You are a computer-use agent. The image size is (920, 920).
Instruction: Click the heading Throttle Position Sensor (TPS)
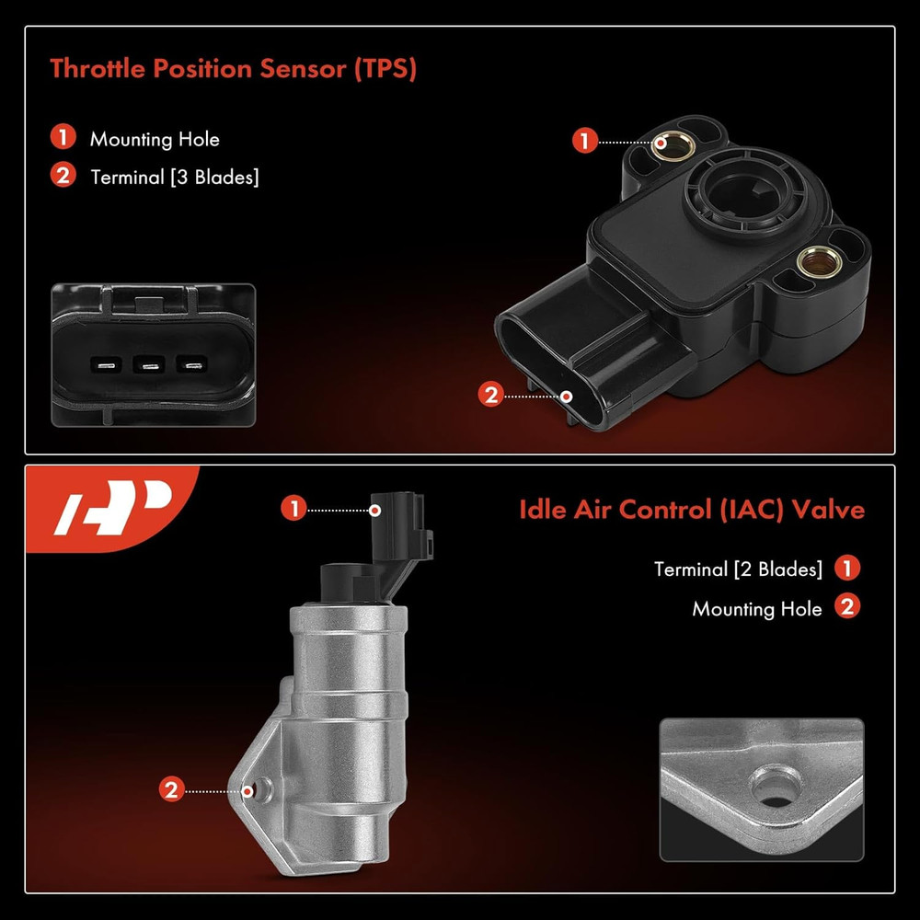click(232, 68)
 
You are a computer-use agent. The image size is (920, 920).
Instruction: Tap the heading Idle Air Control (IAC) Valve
click(692, 510)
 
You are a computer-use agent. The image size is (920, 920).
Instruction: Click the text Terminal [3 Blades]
click(174, 177)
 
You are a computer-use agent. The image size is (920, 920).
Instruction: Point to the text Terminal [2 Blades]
click(738, 569)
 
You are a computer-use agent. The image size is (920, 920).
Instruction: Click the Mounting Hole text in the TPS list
click(155, 140)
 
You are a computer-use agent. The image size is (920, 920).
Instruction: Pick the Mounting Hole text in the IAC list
click(756, 609)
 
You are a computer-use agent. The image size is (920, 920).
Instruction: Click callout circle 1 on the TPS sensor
click(583, 142)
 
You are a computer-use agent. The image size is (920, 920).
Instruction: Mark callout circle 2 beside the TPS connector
click(490, 396)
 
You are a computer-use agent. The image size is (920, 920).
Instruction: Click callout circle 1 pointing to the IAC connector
click(293, 509)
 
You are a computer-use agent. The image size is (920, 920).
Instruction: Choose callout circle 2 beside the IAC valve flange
click(170, 789)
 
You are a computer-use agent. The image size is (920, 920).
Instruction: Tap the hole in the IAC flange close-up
click(766, 789)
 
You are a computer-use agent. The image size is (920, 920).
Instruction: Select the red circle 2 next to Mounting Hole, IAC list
click(847, 607)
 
